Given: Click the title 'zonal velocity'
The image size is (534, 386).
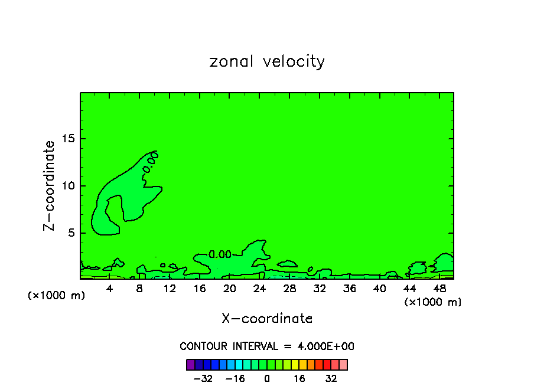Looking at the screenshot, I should tap(267, 61).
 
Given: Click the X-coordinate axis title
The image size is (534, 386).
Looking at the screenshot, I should tap(267, 319).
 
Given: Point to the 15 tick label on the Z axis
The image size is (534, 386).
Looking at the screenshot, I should tap(68, 139).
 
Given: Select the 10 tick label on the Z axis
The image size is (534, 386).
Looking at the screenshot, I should tap(68, 186).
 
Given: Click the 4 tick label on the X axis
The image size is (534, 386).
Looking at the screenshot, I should tap(110, 289).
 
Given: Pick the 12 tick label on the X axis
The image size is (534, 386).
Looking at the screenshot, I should tap(170, 289).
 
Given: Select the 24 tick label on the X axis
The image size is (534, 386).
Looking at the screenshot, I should tap(260, 289).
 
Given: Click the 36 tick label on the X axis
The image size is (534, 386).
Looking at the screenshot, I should tap(350, 289).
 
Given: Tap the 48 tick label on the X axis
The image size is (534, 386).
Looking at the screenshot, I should tap(439, 289).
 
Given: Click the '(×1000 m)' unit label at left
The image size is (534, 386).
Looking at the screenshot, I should tap(57, 296).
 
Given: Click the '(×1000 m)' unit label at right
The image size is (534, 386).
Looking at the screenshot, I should tap(433, 302).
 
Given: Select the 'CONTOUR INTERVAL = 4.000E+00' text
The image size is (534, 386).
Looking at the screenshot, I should tap(267, 346).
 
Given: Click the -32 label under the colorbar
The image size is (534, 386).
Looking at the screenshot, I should tap(203, 378).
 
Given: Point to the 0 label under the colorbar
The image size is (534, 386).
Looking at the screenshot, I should tap(267, 378).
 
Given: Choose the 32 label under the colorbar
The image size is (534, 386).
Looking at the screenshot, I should tap(331, 378).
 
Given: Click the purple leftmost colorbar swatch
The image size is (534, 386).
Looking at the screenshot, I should tap(191, 364).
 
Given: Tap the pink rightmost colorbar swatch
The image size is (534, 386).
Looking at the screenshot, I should tap(343, 364).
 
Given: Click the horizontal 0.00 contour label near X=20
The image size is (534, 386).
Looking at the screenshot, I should tap(220, 255).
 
